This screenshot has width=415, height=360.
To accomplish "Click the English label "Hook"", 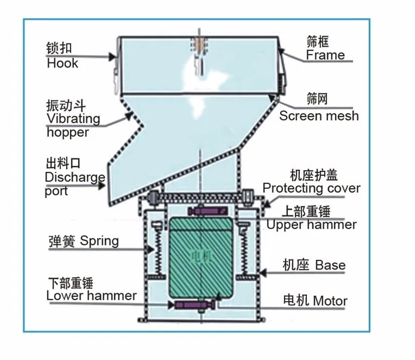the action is click(x=62, y=64).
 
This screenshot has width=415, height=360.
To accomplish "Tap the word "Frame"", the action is click(x=325, y=55).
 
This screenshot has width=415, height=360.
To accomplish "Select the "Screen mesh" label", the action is click(x=319, y=116).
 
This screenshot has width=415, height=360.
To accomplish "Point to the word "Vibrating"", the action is click(x=73, y=119).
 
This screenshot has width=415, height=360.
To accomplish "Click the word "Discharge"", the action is click(x=75, y=177).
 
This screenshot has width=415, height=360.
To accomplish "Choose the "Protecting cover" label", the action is click(x=311, y=188).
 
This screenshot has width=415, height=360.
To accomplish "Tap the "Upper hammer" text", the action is click(x=311, y=225).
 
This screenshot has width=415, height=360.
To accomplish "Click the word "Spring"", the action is click(x=99, y=241).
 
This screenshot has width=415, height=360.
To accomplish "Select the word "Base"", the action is click(x=330, y=265).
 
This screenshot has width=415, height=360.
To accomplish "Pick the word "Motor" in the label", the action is click(x=330, y=301).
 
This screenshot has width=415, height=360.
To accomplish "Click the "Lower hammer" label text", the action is click(x=91, y=295).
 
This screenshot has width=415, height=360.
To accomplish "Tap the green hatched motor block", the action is click(x=201, y=257).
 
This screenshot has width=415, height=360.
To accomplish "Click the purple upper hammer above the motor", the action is click(x=207, y=211).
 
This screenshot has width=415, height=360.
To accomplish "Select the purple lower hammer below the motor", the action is click(x=194, y=305).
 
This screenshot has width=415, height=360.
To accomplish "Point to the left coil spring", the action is click(x=158, y=251).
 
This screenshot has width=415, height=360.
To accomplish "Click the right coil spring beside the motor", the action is click(x=244, y=251).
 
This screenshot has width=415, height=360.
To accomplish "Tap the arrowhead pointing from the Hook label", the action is click(x=112, y=56).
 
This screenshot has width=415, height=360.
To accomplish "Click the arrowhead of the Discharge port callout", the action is click(x=102, y=185).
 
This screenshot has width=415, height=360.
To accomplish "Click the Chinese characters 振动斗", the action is click(x=66, y=105).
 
